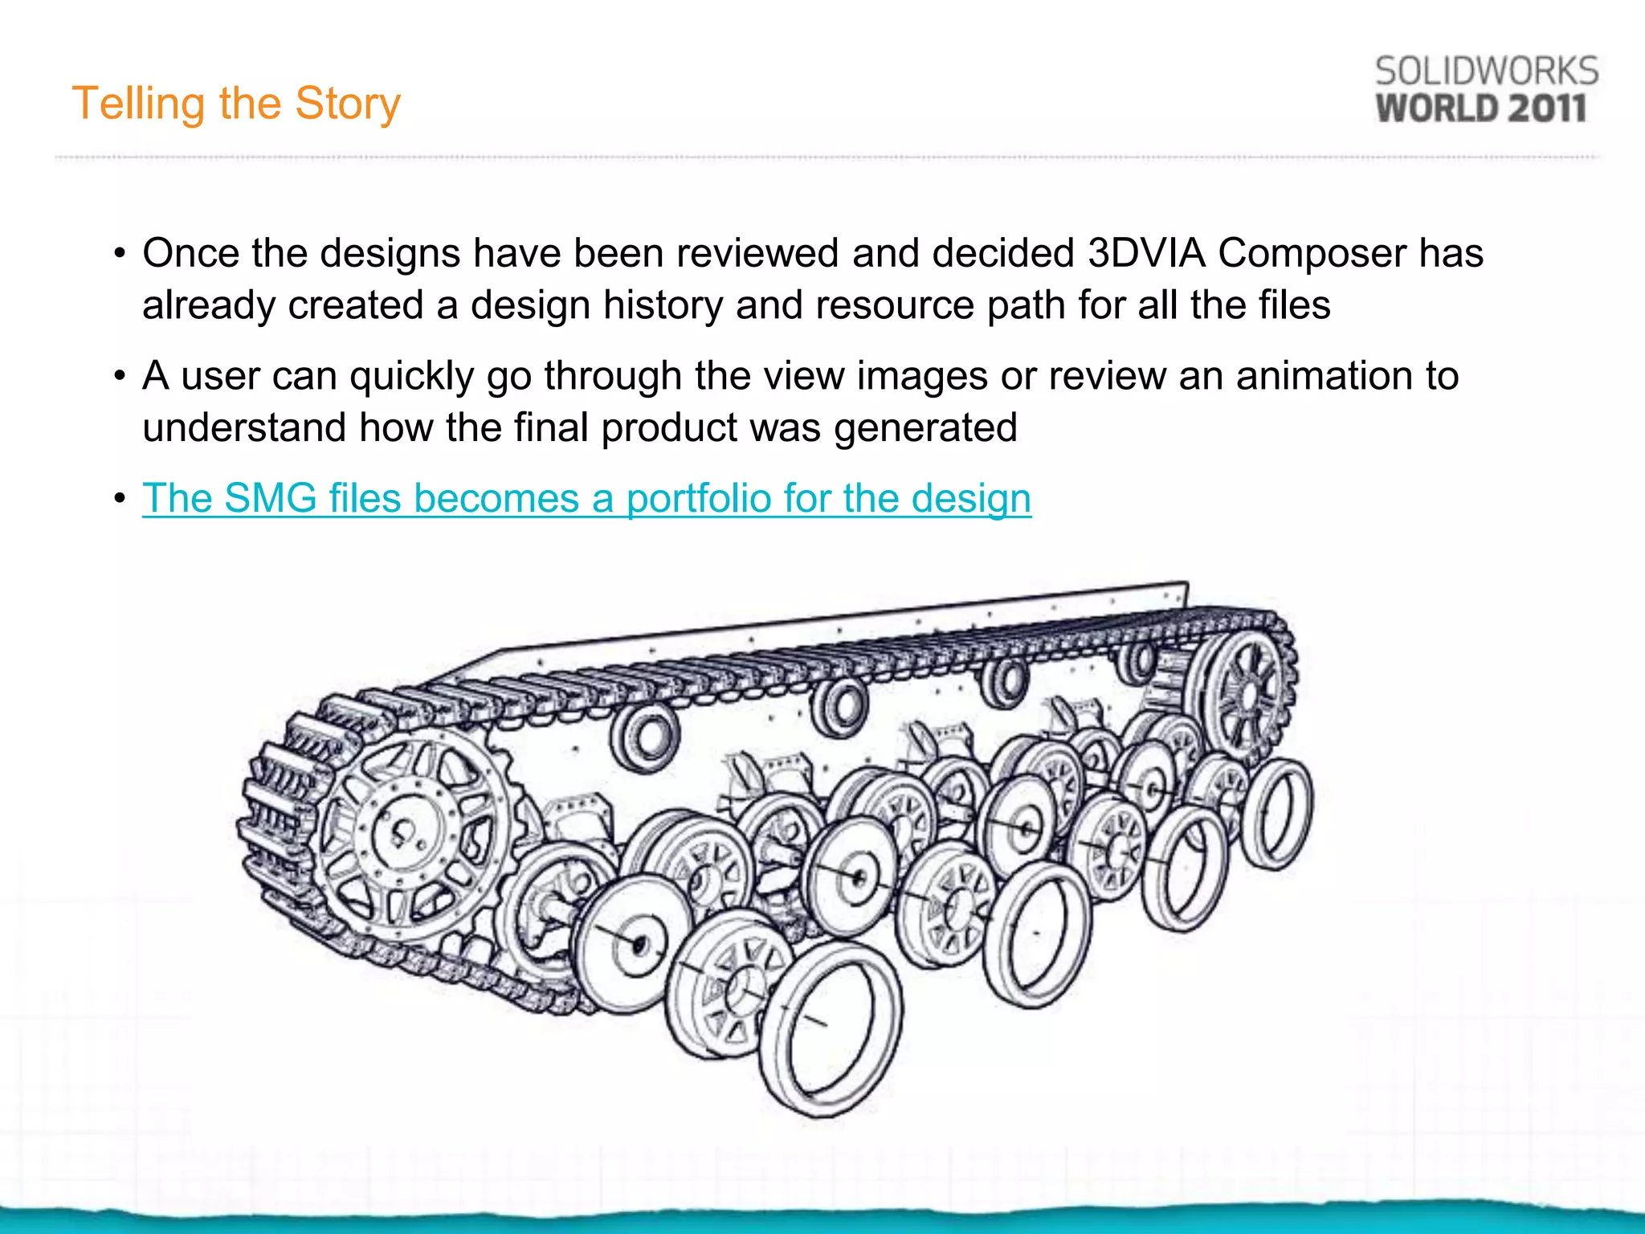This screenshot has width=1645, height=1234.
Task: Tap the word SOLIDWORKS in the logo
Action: point(1486,72)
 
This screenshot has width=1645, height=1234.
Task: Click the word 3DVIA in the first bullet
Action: point(1146,253)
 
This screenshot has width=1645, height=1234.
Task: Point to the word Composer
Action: point(1312,255)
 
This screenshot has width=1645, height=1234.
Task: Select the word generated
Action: point(925,428)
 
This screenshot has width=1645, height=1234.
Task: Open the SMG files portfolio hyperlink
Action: point(586,498)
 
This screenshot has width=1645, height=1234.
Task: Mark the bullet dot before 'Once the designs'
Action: point(120,255)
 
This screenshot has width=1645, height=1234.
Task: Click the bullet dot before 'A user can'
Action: point(120,376)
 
